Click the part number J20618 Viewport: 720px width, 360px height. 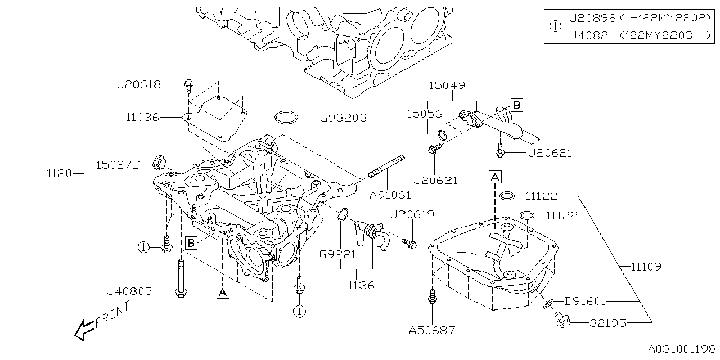[x=139, y=84]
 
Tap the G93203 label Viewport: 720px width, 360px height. [x=343, y=118]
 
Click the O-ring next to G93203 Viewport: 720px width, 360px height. [x=286, y=118]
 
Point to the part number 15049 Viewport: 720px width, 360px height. [x=447, y=85]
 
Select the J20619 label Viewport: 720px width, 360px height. [x=412, y=214]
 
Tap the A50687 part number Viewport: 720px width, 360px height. [x=433, y=331]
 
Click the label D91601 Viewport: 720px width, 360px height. [x=585, y=301]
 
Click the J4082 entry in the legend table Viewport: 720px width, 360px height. [x=588, y=35]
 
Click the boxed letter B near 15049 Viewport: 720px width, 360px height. [x=516, y=105]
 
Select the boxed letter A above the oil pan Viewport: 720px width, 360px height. [x=494, y=177]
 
